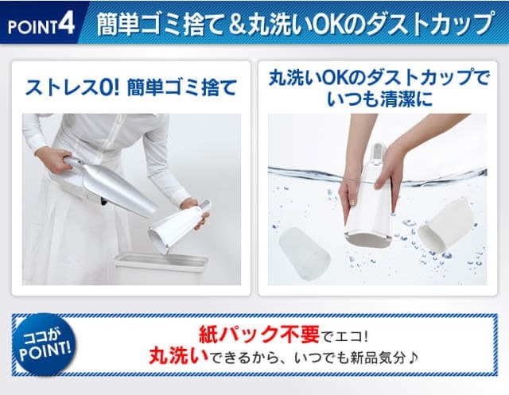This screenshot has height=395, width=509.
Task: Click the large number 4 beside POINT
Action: (67, 23)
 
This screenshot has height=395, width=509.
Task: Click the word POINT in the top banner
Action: (33, 26)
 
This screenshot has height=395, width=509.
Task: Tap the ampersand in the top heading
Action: (237, 24)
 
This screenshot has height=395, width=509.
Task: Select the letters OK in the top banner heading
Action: (328, 23)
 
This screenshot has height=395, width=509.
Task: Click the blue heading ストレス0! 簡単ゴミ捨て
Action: (130, 87)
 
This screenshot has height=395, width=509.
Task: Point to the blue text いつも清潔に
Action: (379, 99)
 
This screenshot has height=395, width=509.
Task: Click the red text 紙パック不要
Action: (258, 335)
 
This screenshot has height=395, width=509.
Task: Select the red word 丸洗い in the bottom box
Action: (179, 356)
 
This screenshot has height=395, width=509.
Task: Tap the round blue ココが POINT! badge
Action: (45, 344)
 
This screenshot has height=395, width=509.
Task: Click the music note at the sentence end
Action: (412, 358)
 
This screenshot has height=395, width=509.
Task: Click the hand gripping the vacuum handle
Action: (53, 160)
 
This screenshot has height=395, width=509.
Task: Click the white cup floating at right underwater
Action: (446, 226)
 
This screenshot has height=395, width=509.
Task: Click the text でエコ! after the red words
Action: (344, 336)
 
